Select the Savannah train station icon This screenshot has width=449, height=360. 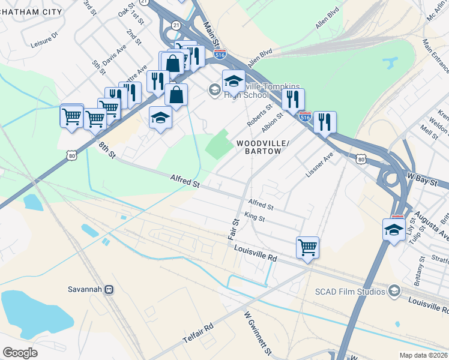[x=109, y=289]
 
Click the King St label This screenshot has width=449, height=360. [x=255, y=217]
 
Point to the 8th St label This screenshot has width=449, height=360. [x=106, y=149]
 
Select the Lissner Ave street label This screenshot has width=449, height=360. [x=319, y=163]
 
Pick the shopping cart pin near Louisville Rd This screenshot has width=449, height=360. [x=307, y=247]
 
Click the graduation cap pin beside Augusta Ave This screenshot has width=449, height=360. [x=394, y=230]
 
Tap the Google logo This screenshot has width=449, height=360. [x=20, y=352]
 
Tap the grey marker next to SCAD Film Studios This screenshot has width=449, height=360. [x=394, y=291]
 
